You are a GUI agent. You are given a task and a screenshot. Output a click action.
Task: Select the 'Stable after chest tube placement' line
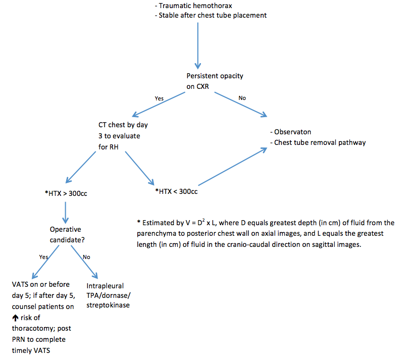[212, 15]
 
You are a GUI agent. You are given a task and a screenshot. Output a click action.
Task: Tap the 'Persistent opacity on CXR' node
[215, 80]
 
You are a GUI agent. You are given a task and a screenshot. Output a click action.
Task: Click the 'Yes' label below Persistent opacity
[159, 98]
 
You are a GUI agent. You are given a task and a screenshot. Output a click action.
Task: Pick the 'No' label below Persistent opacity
[242, 97]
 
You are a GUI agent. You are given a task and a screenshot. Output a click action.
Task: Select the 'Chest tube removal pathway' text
[319, 142]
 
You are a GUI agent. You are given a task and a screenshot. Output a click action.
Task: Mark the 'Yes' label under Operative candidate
[44, 256]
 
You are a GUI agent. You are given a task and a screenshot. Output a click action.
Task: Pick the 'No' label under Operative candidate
[86, 256]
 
